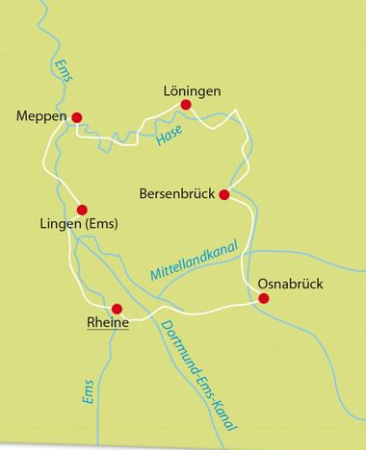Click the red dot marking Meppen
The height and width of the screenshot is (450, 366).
tap(78, 117)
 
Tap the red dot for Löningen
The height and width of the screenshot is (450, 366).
tap(186, 105)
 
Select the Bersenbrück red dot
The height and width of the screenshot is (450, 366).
tap(224, 194)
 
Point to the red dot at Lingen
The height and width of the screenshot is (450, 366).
tap(82, 209)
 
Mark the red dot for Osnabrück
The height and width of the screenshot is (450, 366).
tap(263, 298)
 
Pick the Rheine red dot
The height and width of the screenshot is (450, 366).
tap(118, 310)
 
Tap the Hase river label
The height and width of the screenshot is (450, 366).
tap(169, 140)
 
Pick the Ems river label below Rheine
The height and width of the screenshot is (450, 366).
tap(88, 392)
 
